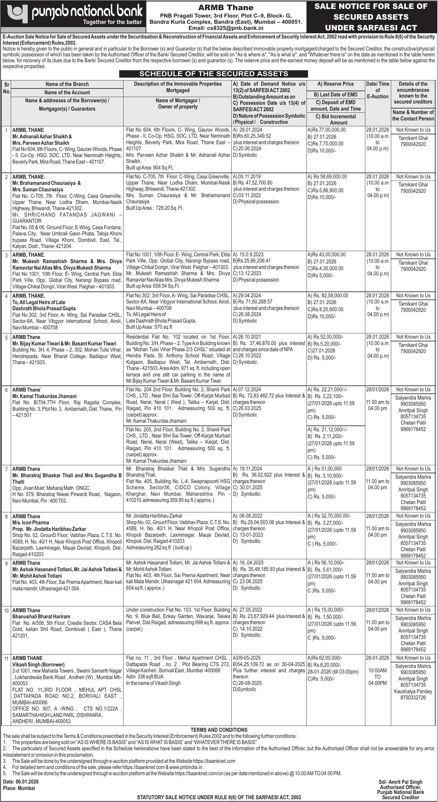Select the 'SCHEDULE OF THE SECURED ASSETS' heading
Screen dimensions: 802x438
(x=213, y=74)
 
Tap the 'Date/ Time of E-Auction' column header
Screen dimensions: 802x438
(x=377, y=90)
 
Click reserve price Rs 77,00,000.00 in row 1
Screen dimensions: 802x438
(x=326, y=130)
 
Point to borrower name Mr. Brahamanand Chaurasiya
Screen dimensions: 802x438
(x=46, y=183)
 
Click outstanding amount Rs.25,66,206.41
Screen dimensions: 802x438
(x=252, y=261)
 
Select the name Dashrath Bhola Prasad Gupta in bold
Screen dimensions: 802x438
(x=44, y=308)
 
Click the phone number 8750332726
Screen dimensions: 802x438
(x=413, y=697)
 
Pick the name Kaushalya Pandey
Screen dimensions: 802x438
(x=413, y=691)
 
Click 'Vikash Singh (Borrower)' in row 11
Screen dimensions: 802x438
(x=38, y=664)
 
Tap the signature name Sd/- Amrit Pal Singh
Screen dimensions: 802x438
(x=400, y=782)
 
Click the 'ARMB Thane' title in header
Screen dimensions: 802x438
(x=226, y=7)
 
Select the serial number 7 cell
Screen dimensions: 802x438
(x=6, y=469)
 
